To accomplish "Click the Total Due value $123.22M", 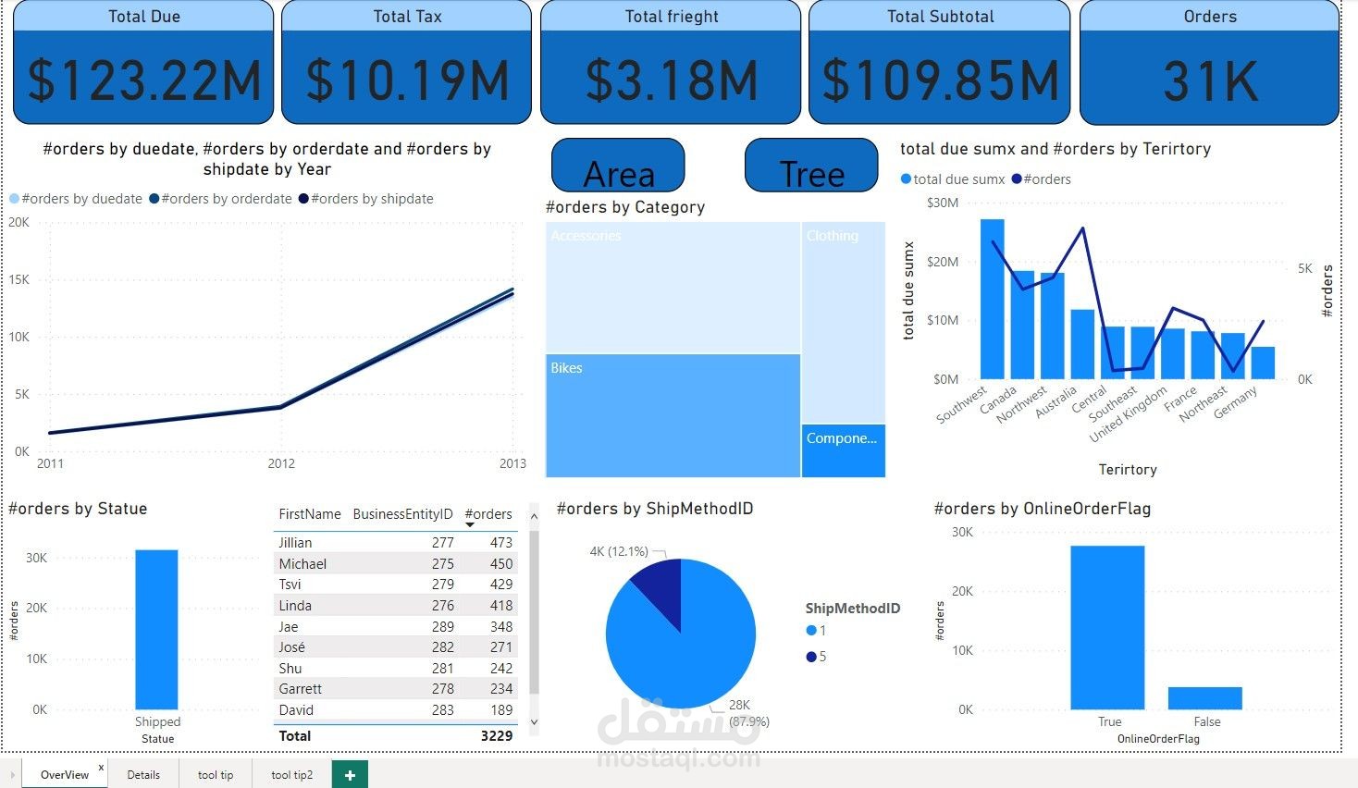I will [x=143, y=80].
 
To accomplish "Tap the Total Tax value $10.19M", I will [x=407, y=80].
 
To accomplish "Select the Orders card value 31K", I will [x=1209, y=81].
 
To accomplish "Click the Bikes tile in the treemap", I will [x=673, y=416].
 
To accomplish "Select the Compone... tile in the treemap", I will [x=843, y=450].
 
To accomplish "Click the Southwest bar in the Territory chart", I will [x=992, y=299].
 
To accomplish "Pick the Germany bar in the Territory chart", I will [x=1263, y=363].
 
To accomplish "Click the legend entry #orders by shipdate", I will [x=371, y=199].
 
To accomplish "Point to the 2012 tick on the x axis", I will [x=281, y=463].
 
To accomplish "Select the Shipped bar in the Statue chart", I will [x=156, y=629].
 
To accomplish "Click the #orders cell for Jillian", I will [x=500, y=543].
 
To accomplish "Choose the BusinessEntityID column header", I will [x=402, y=514].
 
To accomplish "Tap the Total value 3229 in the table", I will [x=496, y=736].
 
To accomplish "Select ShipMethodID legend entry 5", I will [x=817, y=657].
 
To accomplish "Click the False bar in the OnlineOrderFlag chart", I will [x=1204, y=698].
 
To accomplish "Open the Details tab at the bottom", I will [x=143, y=775].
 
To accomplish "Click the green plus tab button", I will [x=350, y=775].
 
